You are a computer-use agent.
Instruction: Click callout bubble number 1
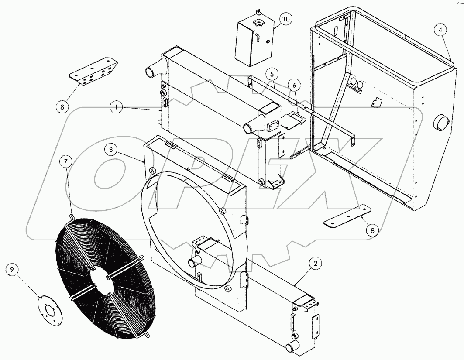(x=116, y=106)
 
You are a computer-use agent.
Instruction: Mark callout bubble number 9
(x=12, y=270)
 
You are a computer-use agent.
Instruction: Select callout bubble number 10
(x=285, y=19)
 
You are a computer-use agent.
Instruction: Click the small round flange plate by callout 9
(x=49, y=311)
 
